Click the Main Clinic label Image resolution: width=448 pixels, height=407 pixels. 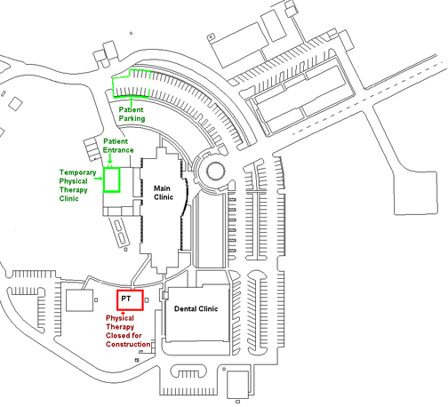coord(164,193)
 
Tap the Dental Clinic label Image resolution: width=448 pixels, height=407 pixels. coord(196,309)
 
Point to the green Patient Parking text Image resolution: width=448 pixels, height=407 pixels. coord(132,114)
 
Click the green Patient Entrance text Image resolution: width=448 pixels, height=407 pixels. coord(118,146)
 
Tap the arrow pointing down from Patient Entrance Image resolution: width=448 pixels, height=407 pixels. coord(110,158)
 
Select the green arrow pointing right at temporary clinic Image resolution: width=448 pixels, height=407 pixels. coord(98,179)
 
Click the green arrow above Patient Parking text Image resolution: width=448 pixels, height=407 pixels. coord(132,101)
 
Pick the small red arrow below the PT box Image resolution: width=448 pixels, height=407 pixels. coord(123,313)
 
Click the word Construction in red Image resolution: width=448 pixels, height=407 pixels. coord(128,344)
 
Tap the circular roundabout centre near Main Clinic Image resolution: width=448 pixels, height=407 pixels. coord(215,172)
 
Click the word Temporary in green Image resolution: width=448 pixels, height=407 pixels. coord(77,172)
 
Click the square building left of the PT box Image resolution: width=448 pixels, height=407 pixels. coord(79,300)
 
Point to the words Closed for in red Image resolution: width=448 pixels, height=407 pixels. coord(124,336)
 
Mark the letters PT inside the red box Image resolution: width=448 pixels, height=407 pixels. coord(126,299)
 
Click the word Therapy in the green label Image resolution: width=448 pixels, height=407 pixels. coord(74,190)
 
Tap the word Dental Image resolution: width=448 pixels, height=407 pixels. coord(185,309)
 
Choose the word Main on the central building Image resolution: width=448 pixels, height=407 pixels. coord(162,188)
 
